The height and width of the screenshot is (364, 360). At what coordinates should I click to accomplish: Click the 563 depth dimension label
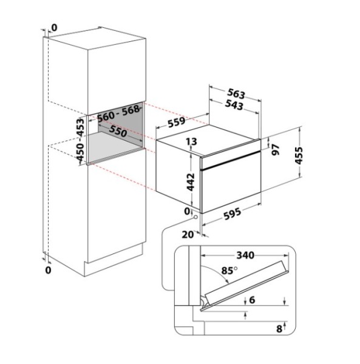236,93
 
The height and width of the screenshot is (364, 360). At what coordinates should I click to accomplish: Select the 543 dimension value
234,105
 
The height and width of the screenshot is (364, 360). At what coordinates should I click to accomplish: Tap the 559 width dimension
177,122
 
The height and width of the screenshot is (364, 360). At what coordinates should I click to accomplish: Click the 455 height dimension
299,155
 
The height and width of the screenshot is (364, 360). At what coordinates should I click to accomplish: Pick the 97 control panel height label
275,149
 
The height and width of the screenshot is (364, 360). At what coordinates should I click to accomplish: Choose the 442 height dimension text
191,182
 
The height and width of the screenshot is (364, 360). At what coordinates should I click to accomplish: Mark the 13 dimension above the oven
191,141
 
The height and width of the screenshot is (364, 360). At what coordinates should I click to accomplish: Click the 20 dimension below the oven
188,234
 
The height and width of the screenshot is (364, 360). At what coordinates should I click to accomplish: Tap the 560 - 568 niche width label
118,114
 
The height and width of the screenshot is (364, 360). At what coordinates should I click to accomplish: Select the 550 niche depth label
118,132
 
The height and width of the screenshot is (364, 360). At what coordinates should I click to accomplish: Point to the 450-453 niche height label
80,140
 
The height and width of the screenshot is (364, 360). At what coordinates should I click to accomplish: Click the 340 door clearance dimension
245,255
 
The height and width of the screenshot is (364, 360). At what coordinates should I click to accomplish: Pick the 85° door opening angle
229,271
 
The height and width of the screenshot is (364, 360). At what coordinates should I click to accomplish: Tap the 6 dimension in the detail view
252,300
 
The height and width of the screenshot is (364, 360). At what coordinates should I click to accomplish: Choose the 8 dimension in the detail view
279,329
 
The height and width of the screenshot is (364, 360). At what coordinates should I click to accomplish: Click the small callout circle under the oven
195,217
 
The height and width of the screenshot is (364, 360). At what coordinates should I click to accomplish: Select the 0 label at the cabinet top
54,28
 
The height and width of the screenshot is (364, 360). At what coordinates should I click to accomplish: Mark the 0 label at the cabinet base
48,270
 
